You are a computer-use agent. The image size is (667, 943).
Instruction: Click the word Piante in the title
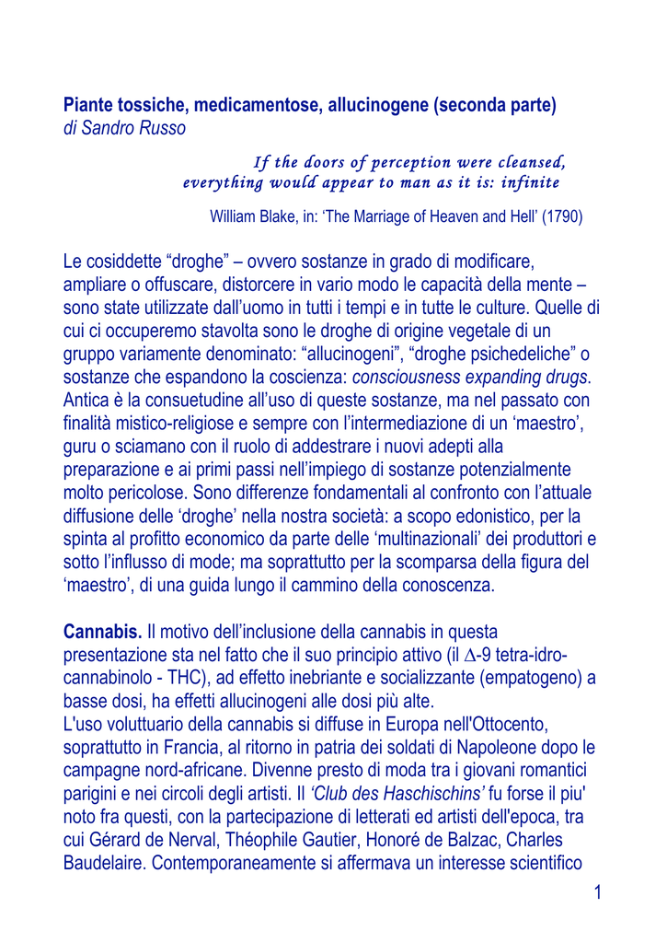(x=87, y=105)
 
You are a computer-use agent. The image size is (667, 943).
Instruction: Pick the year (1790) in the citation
(x=562, y=217)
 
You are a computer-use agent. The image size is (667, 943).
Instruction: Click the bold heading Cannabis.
(x=102, y=632)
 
